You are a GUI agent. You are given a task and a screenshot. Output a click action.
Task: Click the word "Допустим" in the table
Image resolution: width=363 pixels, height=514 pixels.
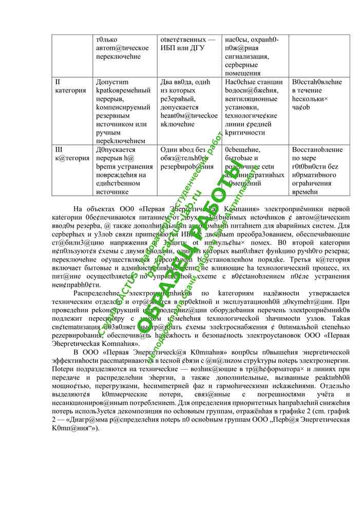[112, 82]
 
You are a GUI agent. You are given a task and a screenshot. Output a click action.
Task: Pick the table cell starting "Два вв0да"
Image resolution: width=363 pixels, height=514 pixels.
[188, 103]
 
